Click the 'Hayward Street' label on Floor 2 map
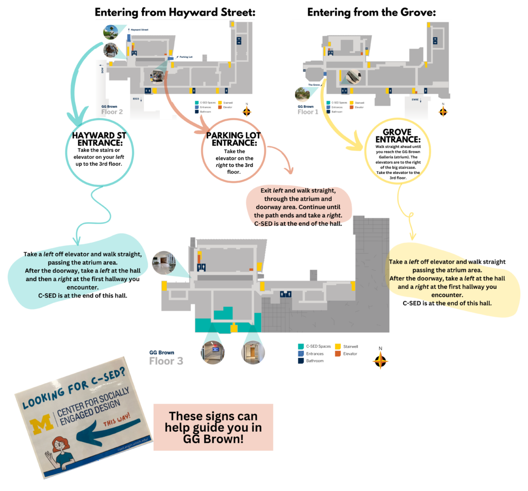[139, 30]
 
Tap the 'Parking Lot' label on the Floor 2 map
[185, 57]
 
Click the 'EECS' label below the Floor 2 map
[136, 99]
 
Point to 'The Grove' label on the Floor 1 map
[314, 84]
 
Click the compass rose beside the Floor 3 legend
[380, 361]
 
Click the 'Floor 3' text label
[166, 361]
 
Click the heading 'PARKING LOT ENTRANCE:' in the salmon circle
[234, 139]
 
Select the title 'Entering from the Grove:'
[371, 12]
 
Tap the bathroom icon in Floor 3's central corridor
[286, 293]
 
